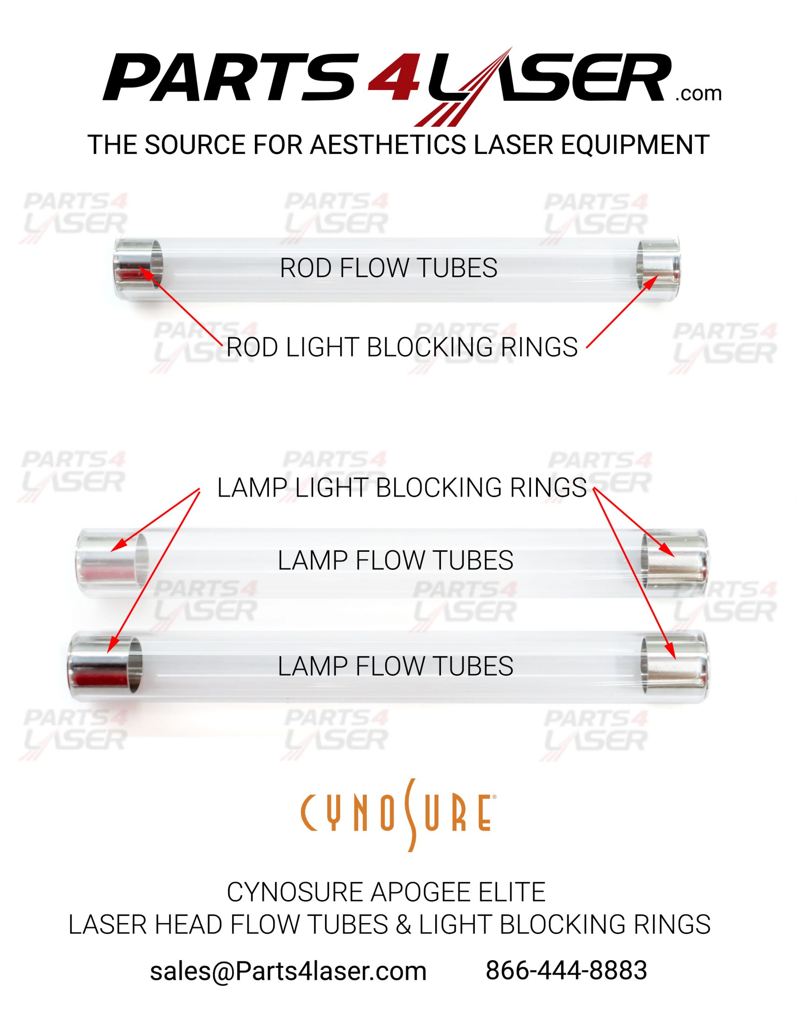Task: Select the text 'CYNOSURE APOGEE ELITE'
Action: point(386,892)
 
